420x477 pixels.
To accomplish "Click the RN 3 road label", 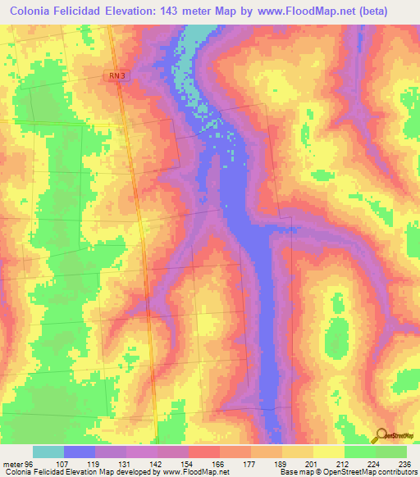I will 117,75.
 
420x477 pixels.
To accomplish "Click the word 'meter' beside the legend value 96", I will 13,462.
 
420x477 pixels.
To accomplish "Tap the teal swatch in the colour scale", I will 48,452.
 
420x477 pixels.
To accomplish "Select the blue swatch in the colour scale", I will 80,452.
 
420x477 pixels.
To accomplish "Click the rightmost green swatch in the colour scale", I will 391,452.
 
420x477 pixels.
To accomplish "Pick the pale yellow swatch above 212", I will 329,452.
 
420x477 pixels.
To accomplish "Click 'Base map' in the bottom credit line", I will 294,472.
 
